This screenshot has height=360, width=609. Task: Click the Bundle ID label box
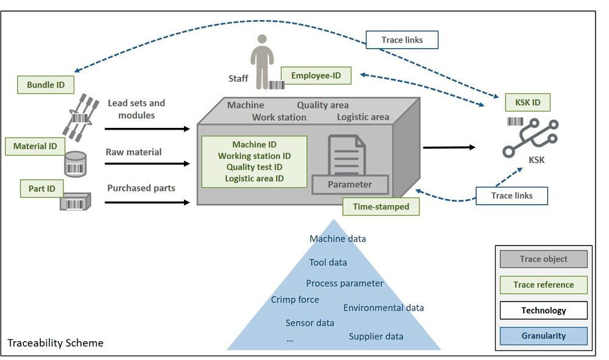tap(46, 85)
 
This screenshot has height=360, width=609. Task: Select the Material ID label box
tap(35, 146)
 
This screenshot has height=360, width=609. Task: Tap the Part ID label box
tap(42, 189)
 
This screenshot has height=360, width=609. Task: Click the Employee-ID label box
tap(316, 76)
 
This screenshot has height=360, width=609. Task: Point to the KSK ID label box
tap(527, 102)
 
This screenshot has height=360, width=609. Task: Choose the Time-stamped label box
tap(381, 207)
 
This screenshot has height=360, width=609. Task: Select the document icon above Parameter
tap(347, 155)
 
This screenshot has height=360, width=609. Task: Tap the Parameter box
tap(350, 185)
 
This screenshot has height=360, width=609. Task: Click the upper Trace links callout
tap(402, 40)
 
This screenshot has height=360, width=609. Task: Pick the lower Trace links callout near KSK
tap(512, 196)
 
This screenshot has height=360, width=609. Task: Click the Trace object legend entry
tap(543, 259)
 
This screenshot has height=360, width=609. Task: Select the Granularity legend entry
tap(543, 336)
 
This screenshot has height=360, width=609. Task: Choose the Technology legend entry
tap(543, 310)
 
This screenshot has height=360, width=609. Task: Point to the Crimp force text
tap(295, 299)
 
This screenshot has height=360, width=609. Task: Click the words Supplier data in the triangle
tap(376, 336)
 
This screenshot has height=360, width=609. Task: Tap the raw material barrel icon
tap(76, 163)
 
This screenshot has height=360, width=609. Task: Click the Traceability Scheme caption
tap(55, 343)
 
